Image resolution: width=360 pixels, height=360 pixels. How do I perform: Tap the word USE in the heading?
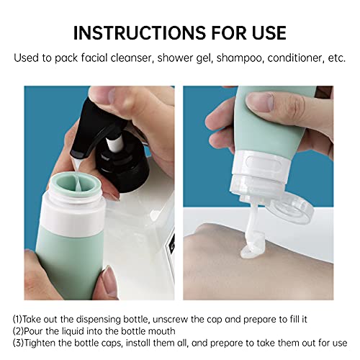click(x=269, y=32)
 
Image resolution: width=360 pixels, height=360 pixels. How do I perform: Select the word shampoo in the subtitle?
click(x=239, y=58)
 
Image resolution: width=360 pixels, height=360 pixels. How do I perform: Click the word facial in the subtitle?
click(x=94, y=58)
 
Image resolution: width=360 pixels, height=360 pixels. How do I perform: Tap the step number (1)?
click(x=17, y=320)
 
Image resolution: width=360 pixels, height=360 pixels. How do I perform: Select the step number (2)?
click(x=18, y=331)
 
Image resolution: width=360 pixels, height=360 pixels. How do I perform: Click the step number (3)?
click(x=18, y=343)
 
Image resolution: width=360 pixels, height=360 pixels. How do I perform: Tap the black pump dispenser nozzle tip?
click(x=76, y=155)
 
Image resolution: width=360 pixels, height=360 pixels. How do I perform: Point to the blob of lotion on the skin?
click(x=252, y=247)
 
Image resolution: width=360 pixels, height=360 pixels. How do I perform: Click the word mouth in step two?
click(x=161, y=331)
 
